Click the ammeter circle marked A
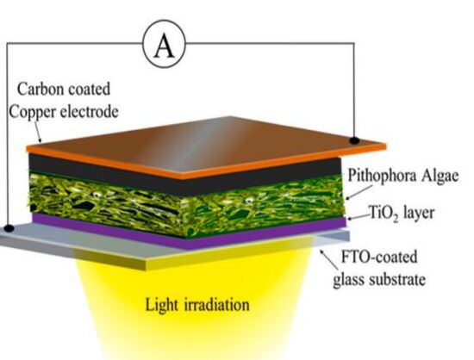pyautogui.click(x=164, y=44)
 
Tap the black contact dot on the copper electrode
pyautogui.click(x=354, y=140)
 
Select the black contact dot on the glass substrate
pyautogui.click(x=9, y=228)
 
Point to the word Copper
pyautogui.click(x=33, y=112)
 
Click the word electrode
pyautogui.click(x=89, y=112)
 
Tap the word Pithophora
pyautogui.click(x=382, y=176)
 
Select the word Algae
pyautogui.click(x=440, y=176)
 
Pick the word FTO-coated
pyautogui.click(x=379, y=257)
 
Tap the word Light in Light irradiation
pyautogui.click(x=161, y=304)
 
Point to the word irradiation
pyautogui.click(x=217, y=304)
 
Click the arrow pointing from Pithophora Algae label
pyautogui.click(x=359, y=192)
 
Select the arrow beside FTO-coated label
pyautogui.click(x=329, y=260)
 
